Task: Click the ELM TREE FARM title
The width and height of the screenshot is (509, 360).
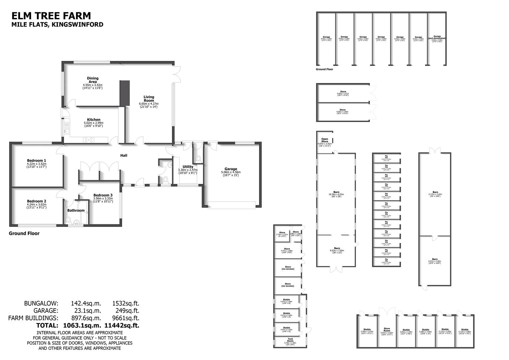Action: pos(51,16)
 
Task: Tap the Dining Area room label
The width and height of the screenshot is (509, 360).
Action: pos(93,80)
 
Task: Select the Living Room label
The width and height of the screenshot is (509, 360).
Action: pos(149,99)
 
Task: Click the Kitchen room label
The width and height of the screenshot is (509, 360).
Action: pos(94,120)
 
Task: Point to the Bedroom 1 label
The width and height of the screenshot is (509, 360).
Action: pos(37,160)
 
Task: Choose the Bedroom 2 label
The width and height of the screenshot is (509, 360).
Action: pos(37,201)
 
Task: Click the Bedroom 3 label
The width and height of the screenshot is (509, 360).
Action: pos(103,195)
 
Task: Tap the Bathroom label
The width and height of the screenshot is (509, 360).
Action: pos(76,211)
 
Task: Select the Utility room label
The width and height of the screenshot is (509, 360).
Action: pos(188,167)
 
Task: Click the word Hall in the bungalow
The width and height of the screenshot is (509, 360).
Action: pos(124,155)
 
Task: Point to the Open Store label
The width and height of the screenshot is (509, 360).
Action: pos(324,140)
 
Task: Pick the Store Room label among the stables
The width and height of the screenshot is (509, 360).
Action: pos(386,330)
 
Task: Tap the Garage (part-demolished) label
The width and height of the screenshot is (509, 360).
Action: pos(437,38)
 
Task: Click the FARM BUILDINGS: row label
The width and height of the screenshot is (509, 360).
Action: pos(33,318)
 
